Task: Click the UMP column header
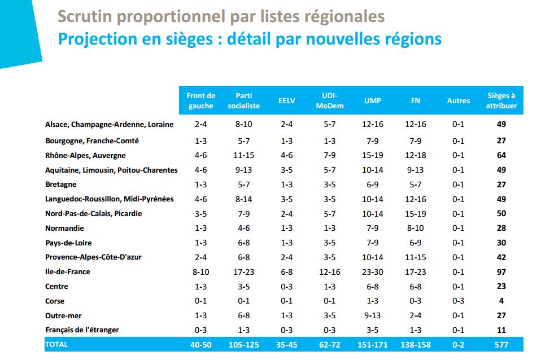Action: [x=373, y=101]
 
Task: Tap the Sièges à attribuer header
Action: [x=501, y=101]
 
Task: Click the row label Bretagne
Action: [x=61, y=185]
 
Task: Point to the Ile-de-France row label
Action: [x=68, y=272]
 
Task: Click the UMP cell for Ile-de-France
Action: [x=373, y=272]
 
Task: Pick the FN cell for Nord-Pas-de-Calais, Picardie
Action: [x=415, y=214]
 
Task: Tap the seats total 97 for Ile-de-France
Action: [x=501, y=272]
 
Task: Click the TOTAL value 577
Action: [x=501, y=344]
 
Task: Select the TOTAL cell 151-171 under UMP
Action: [x=373, y=344]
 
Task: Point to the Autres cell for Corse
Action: [x=458, y=301]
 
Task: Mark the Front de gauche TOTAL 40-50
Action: [x=200, y=344]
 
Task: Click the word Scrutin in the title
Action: [x=83, y=16]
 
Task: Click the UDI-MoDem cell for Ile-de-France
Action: [x=329, y=272]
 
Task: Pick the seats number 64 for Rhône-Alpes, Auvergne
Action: [x=501, y=156]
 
